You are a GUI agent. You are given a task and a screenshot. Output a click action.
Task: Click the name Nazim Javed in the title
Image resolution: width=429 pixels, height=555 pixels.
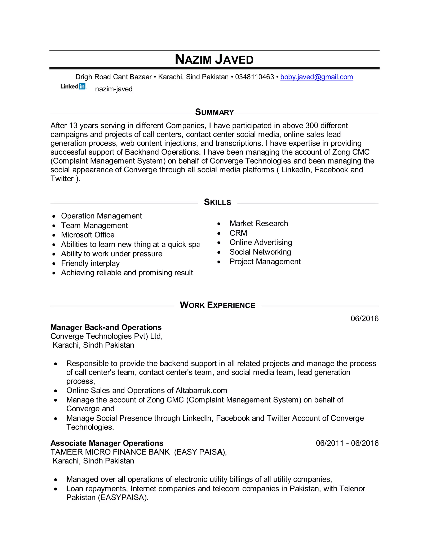coord(214,59)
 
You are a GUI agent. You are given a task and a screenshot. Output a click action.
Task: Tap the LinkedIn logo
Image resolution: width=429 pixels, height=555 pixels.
coord(73,86)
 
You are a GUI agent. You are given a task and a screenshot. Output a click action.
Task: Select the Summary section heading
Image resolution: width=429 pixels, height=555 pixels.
coord(214,112)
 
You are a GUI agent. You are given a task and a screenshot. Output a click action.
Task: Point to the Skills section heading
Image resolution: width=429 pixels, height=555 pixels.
coord(217,202)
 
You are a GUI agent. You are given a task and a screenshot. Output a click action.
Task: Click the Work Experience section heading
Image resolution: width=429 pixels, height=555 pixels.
coord(217,305)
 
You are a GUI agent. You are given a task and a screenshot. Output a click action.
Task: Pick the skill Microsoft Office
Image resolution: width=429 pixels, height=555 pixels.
coord(88,235)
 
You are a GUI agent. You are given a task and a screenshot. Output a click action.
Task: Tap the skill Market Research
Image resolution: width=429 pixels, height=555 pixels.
coord(258,223)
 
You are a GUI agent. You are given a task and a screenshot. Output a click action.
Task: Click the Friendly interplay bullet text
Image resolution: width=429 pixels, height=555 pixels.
coord(90,263)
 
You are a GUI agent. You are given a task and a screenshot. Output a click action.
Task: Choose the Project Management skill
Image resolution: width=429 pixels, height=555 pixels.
coord(265,262)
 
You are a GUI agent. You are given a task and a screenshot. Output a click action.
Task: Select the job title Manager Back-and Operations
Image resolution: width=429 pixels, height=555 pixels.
coord(106,327)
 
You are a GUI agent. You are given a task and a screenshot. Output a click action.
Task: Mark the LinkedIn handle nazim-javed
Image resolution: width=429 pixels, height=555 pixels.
coord(114,89)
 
